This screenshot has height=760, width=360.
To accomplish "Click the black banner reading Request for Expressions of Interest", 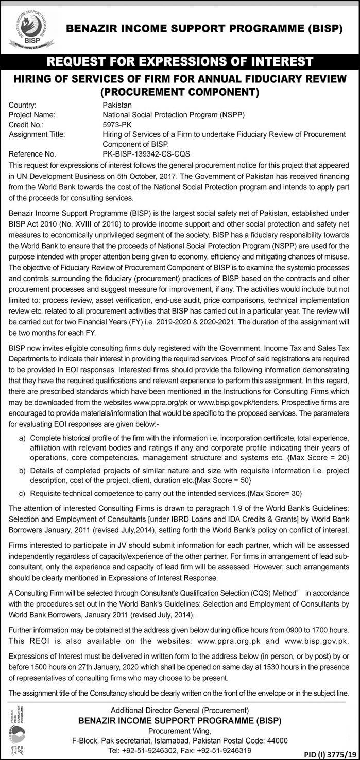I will (180, 62).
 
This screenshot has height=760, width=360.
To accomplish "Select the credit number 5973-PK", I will (117, 125).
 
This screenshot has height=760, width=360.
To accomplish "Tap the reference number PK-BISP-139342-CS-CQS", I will (146, 153).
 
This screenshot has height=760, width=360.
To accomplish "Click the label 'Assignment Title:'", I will (37, 134).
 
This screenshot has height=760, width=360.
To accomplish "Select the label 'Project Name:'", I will (32, 115).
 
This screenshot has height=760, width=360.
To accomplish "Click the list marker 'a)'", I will (22, 438).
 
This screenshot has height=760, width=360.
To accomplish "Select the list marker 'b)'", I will (22, 471).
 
